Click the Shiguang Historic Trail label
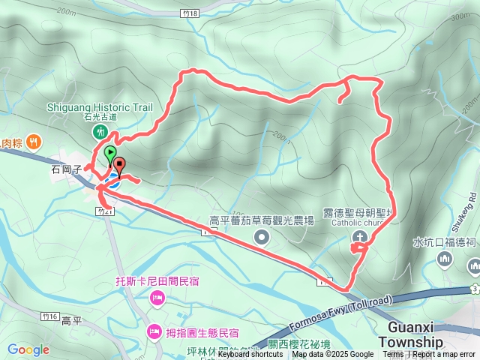coord(100,107)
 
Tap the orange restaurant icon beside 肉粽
coord(33,141)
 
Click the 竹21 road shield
coord(104,212)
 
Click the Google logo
coord(28,349)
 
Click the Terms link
coord(393,355)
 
